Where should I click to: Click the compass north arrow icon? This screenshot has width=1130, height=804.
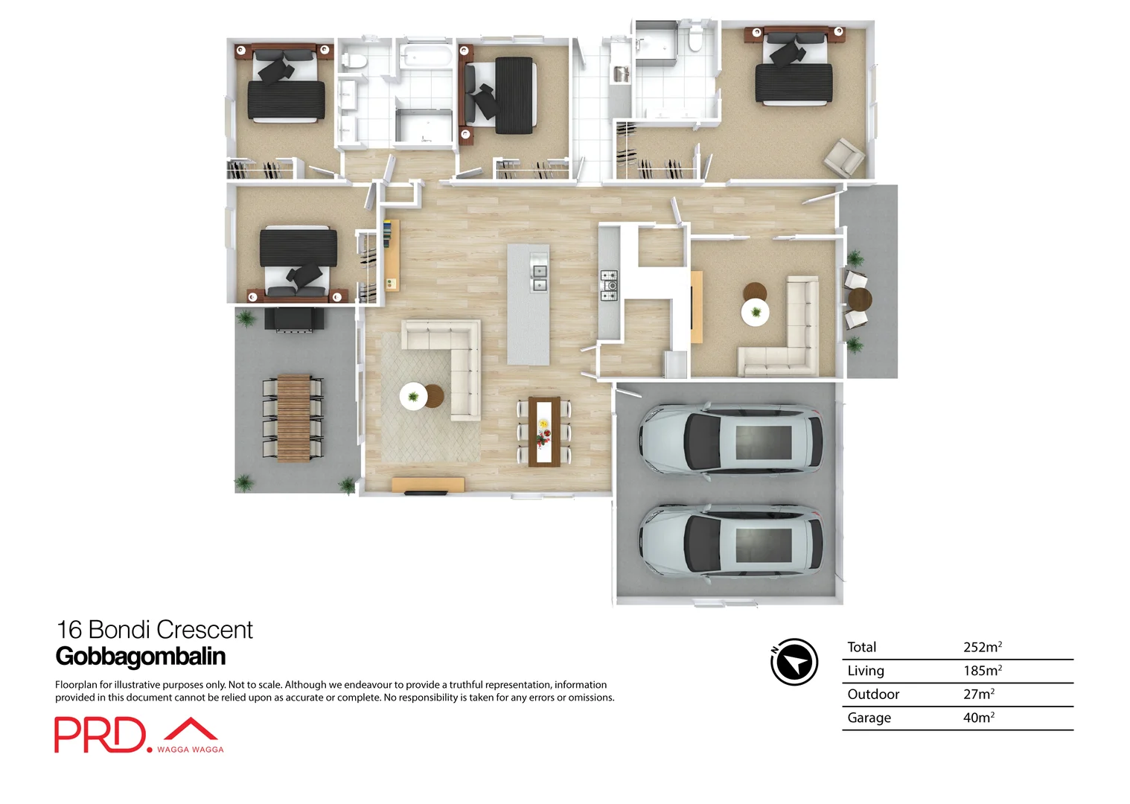pos(794,662)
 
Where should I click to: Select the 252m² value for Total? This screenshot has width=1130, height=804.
pos(982,647)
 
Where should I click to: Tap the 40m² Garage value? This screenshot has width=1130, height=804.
pos(978,718)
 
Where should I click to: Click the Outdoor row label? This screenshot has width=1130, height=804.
pos(873,694)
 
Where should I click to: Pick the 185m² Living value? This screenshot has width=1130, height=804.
pos(982,671)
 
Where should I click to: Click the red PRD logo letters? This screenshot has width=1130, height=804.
pos(100,736)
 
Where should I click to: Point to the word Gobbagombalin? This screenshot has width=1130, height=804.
pos(140,657)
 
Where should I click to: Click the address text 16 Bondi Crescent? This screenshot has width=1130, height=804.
pos(155,630)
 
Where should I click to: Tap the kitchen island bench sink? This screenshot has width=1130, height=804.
pos(539,278)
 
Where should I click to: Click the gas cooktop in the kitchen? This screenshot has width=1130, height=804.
pos(609,285)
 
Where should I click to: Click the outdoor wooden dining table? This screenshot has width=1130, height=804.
pos(294,416)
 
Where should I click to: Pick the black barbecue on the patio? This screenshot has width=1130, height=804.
pos(294,319)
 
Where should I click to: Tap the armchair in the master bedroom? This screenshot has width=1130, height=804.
pos(843,157)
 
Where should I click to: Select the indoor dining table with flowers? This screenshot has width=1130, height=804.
pos(544,432)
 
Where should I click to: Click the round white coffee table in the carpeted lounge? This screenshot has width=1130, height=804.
pos(756,313)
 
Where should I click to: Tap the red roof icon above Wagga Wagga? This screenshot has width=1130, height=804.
pos(191,728)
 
